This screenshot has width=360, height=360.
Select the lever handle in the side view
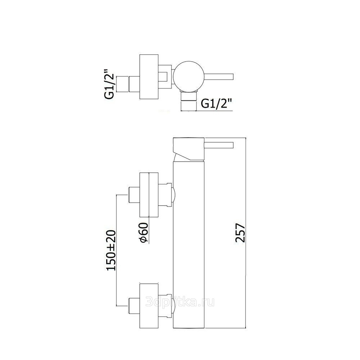point(220,145)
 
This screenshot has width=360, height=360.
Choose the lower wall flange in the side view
point(148,305)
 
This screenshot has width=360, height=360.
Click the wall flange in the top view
point(148,76)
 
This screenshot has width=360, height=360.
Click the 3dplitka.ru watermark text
point(179,302)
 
